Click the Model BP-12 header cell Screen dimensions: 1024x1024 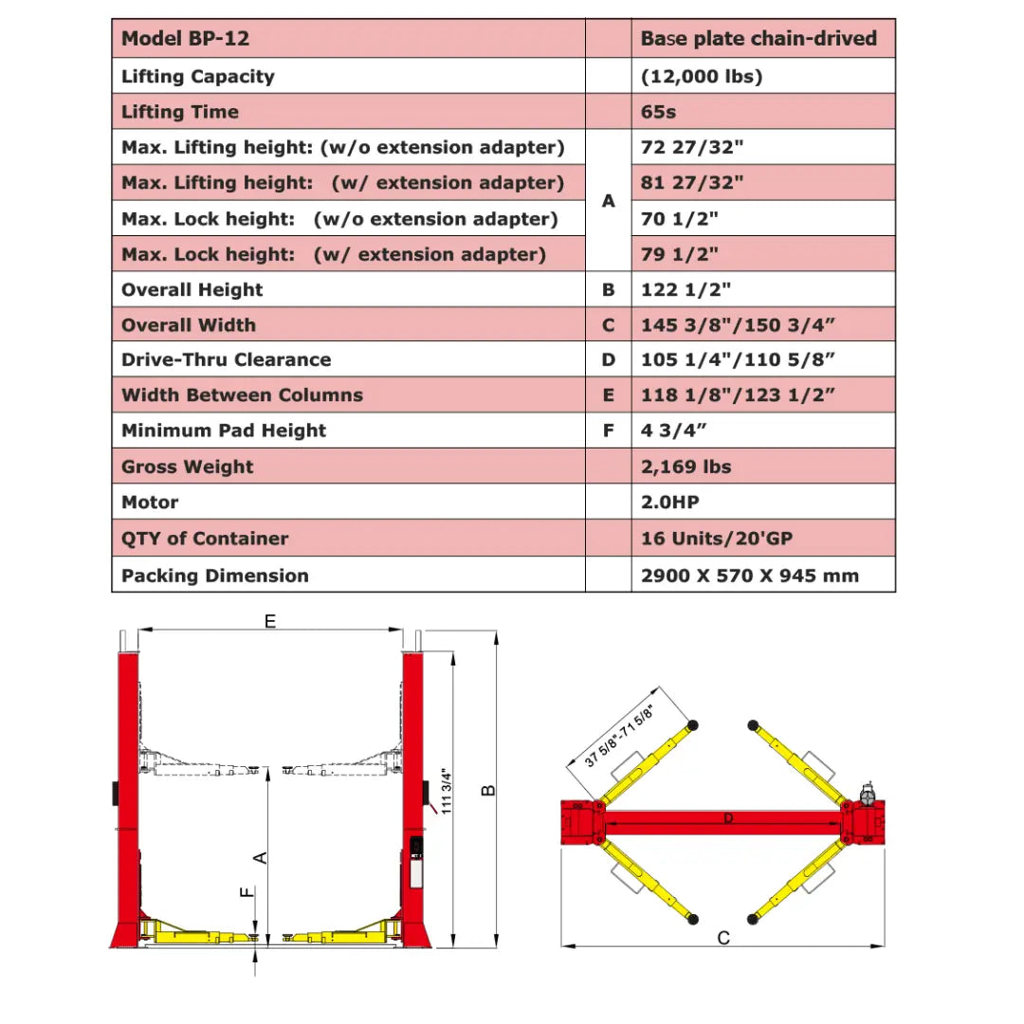[186, 40]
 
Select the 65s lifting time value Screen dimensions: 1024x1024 [658, 112]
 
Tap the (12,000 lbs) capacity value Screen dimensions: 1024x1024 [702, 77]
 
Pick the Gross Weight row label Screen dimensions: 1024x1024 [188, 466]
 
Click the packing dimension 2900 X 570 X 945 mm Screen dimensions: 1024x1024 [750, 576]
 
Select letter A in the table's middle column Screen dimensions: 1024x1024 [609, 201]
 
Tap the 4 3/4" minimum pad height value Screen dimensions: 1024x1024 [674, 430]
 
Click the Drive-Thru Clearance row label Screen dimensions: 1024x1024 [227, 359]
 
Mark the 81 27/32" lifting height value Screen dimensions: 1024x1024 [692, 183]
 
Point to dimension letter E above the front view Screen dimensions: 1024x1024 [270, 621]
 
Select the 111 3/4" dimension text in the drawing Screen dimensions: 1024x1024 [447, 790]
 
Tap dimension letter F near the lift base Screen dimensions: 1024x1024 [247, 892]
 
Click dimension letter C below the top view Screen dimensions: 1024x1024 [723, 938]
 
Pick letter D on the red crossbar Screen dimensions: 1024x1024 [728, 818]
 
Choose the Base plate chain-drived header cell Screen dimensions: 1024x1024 [759, 40]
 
